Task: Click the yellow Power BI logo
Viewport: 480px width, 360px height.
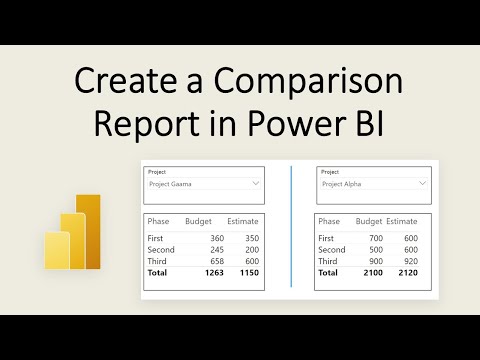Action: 74,232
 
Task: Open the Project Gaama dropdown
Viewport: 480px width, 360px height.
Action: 203,184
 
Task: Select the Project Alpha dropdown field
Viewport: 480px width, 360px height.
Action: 373,184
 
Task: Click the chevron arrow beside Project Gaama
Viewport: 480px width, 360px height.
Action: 256,184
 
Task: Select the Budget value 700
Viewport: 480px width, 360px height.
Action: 377,238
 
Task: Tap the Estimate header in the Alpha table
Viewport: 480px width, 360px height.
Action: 402,220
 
